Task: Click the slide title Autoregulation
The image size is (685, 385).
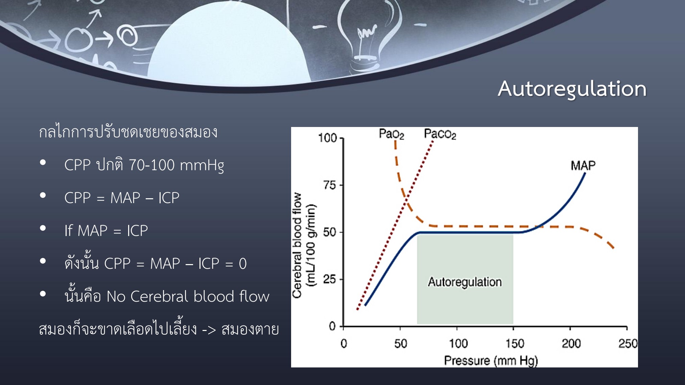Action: pyautogui.click(x=572, y=89)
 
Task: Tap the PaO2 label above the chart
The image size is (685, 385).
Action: pyautogui.click(x=391, y=134)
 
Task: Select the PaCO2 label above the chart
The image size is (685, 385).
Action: pyautogui.click(x=440, y=134)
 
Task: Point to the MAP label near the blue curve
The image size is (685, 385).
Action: pyautogui.click(x=583, y=165)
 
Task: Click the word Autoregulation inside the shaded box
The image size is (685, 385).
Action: pyautogui.click(x=465, y=282)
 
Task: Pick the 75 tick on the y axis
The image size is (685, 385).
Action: pyautogui.click(x=330, y=185)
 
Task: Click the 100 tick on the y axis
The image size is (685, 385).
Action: pyautogui.click(x=327, y=138)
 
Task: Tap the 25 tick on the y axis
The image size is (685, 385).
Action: pyautogui.click(x=330, y=279)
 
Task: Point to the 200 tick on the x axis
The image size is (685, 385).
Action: pyautogui.click(x=571, y=344)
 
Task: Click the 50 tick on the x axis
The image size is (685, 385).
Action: pyautogui.click(x=401, y=344)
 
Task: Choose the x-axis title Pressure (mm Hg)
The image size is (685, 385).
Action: pyautogui.click(x=491, y=361)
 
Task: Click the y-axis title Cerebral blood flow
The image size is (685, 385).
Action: pyautogui.click(x=297, y=246)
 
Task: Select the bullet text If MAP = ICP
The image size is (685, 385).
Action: pyautogui.click(x=106, y=231)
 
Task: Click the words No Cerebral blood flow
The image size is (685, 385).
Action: pyautogui.click(x=188, y=297)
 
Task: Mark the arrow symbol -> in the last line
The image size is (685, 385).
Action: pyautogui.click(x=209, y=329)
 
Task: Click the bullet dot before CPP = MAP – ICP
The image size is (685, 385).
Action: pyautogui.click(x=43, y=195)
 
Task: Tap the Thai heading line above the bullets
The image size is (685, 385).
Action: pyautogui.click(x=128, y=132)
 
